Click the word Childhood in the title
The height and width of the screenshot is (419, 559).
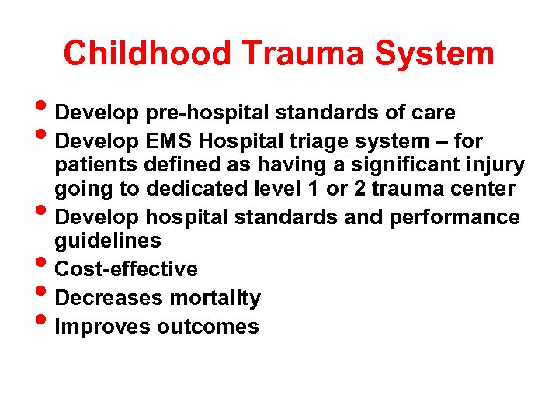pyautogui.click(x=147, y=54)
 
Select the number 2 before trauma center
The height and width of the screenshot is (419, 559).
pyautogui.click(x=360, y=189)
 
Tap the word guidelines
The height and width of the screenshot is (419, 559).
pyautogui.click(x=108, y=241)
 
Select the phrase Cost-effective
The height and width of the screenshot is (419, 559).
pyautogui.click(x=127, y=269)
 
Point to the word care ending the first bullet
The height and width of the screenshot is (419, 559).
pyautogui.click(x=434, y=113)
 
